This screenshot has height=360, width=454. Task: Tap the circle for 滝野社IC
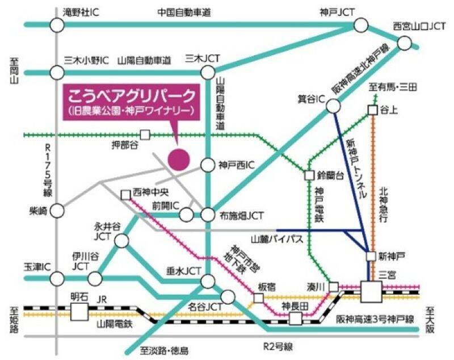(57, 24)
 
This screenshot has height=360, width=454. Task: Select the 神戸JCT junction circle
(361, 24)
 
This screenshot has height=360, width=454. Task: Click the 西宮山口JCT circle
(405, 43)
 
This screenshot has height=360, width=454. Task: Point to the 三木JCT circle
(208, 72)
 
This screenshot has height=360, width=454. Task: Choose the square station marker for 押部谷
(145, 135)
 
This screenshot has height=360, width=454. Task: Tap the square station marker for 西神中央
(125, 195)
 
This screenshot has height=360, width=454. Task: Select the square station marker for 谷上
(372, 110)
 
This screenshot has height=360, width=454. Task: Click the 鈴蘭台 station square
(309, 175)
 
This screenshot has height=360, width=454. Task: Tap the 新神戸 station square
(371, 256)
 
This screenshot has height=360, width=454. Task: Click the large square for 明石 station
(79, 312)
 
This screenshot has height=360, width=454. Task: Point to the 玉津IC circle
(57, 278)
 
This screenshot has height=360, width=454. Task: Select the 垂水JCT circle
(208, 281)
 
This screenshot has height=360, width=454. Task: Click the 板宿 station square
(258, 298)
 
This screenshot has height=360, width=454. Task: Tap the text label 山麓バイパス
(278, 240)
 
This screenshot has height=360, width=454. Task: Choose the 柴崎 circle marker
(57, 211)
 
